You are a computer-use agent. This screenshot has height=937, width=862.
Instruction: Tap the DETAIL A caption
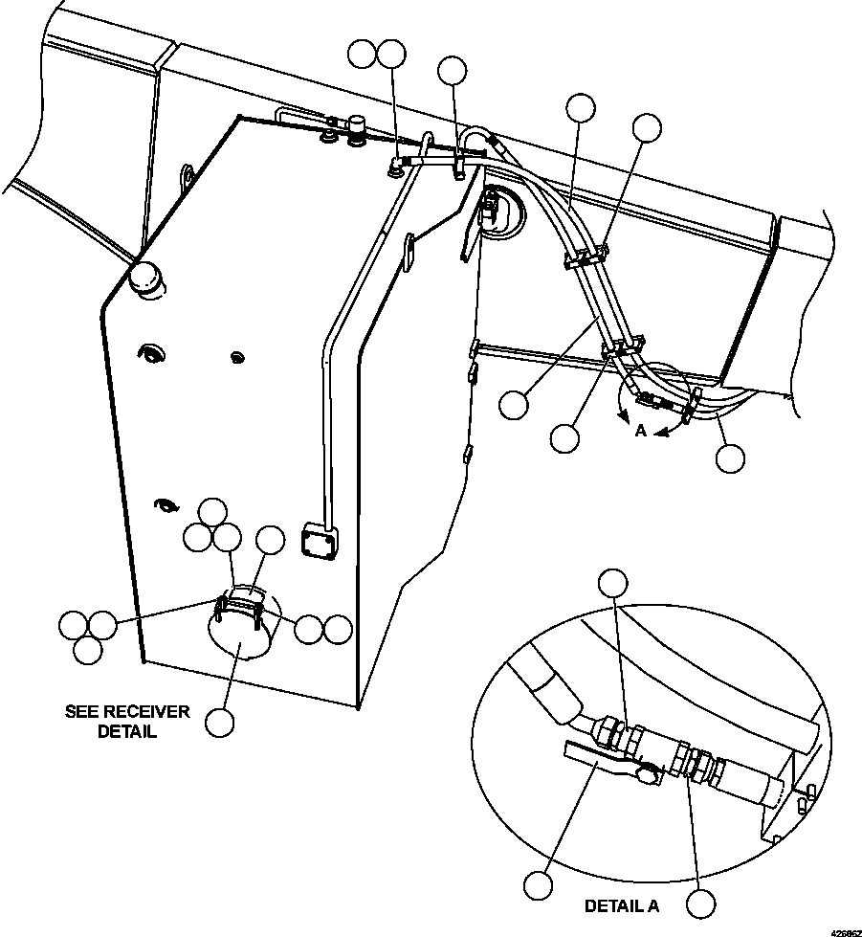click(x=621, y=906)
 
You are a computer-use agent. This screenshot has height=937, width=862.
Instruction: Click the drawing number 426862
click(x=845, y=932)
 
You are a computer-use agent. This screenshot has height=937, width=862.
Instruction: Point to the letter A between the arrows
click(x=640, y=431)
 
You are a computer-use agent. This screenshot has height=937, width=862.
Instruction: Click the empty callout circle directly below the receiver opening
click(x=219, y=723)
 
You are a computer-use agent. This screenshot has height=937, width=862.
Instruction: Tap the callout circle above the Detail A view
click(x=613, y=583)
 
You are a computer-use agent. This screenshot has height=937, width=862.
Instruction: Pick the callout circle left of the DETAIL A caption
click(x=539, y=885)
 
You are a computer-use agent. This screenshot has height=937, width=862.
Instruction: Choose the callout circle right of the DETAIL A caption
click(x=700, y=904)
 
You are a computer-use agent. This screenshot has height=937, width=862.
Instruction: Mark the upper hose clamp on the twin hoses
click(x=586, y=257)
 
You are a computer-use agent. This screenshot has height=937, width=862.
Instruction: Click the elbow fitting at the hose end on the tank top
click(x=396, y=164)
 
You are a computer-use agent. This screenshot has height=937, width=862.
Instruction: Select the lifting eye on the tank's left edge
click(x=187, y=176)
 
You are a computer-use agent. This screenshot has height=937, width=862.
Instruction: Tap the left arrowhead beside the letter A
click(x=624, y=417)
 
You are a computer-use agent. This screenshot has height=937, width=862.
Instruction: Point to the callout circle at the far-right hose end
click(x=730, y=458)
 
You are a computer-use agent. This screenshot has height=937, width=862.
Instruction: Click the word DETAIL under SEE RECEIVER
click(x=126, y=731)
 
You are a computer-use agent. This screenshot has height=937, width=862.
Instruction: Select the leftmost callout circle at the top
click(x=363, y=55)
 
